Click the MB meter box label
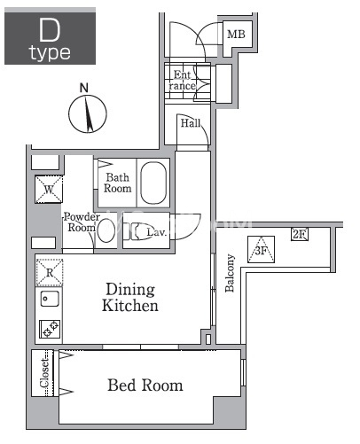coord(236,35)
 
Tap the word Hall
coord(191,123)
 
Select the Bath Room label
coord(117,183)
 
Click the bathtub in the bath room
coord(153,183)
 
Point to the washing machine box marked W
coord(49,190)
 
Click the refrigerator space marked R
coord(50,272)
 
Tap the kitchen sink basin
coord(50,299)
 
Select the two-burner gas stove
coord(50,329)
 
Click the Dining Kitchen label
coord(130,297)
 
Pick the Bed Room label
coord(145,385)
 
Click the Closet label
coord(44,373)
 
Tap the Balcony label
coord(230,273)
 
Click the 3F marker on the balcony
coord(261,250)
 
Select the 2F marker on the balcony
coord(299,234)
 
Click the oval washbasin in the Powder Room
coord(106,230)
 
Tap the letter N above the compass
coord(84,88)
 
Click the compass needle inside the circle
coord(89,113)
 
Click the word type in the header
coord(50,53)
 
